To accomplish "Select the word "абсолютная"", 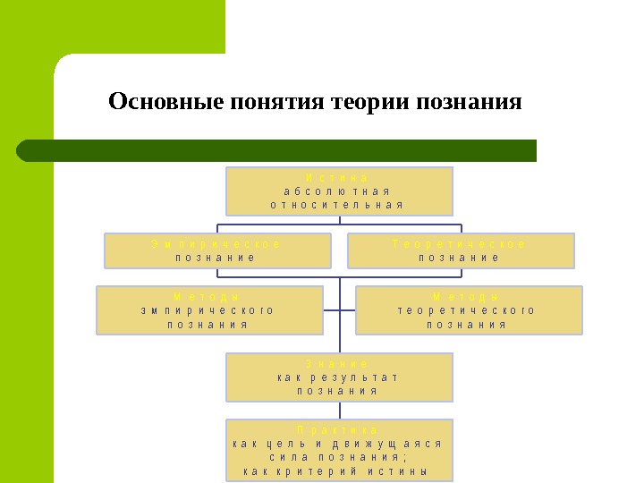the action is pos(338,191).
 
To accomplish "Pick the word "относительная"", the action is pos(338,205).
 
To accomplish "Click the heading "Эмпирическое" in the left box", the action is pos(216,244).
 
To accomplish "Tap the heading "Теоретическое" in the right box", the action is pos(460,244).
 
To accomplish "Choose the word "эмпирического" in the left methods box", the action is pos(208,310).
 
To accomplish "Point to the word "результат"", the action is pos(357,377).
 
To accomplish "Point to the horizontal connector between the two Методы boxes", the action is pos(340,310).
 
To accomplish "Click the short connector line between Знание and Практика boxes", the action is pos(340,411).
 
